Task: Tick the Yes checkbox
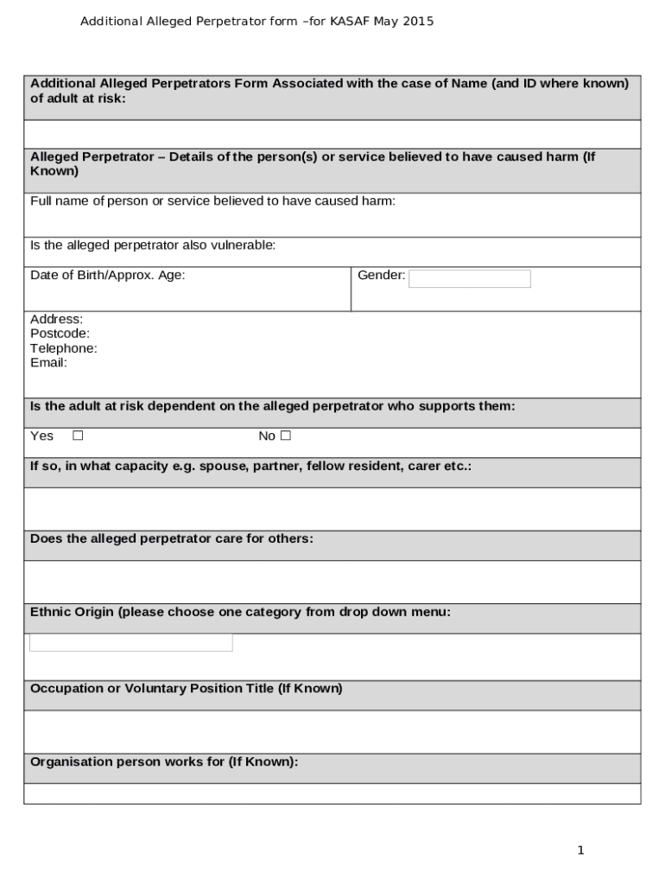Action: click(x=78, y=436)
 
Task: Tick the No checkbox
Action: click(x=286, y=436)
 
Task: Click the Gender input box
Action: click(x=469, y=278)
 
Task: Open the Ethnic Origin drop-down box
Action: click(x=131, y=642)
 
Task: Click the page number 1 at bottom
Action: click(x=580, y=850)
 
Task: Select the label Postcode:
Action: click(x=60, y=334)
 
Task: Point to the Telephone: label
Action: click(x=63, y=348)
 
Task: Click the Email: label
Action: click(x=48, y=363)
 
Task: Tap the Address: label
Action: click(x=56, y=319)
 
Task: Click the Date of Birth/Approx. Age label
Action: click(x=107, y=276)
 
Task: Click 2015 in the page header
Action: click(x=418, y=21)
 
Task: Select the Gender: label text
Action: click(x=381, y=276)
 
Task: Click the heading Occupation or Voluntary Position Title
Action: click(x=186, y=689)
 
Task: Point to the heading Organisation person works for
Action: click(x=164, y=762)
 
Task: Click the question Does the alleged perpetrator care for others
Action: click(x=171, y=538)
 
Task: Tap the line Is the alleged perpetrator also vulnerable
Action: click(x=153, y=245)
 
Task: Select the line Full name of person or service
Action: click(x=212, y=201)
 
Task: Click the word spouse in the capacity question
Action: click(x=218, y=466)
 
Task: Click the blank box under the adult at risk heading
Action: click(x=332, y=134)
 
